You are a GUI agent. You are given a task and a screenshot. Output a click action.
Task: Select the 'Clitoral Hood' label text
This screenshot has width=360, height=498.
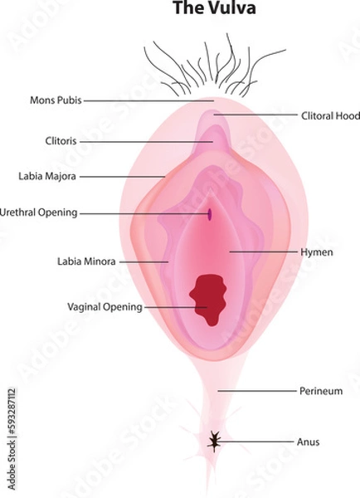pos(329,116)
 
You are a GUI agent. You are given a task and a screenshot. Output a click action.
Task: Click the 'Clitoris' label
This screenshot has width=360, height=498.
pos(61,141)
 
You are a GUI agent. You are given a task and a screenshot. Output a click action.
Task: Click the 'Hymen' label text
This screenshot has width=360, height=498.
pos(317,251)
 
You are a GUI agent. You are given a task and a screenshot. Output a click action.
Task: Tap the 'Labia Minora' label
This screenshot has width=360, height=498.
pos(86,261)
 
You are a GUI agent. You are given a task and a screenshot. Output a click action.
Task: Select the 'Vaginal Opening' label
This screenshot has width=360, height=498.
pos(105,306)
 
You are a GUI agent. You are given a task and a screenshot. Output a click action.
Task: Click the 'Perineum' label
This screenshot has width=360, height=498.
pos(319,390)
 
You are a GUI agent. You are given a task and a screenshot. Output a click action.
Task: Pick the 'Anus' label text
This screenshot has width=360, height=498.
pos(308,442)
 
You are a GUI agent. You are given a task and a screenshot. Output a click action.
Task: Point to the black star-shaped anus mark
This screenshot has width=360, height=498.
pos(215,442)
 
